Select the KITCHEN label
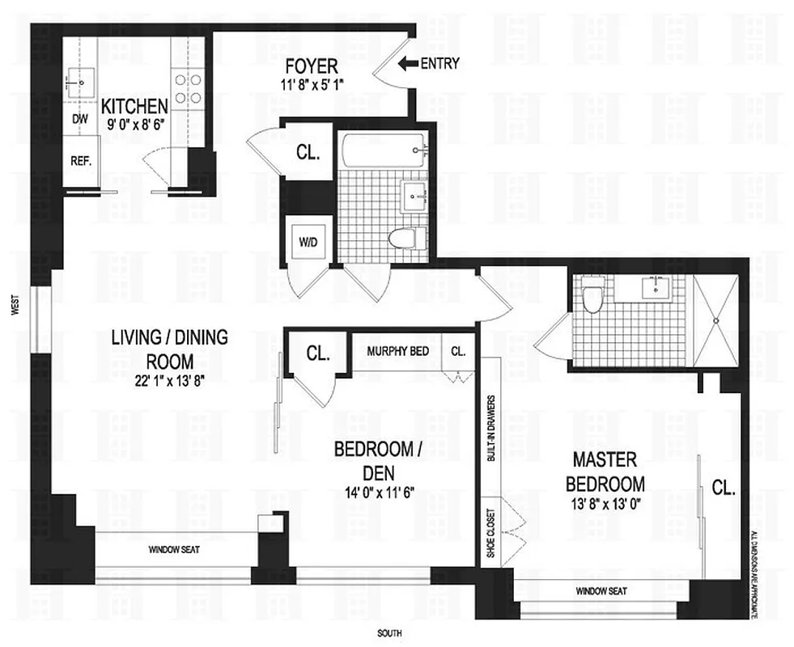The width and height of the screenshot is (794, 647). pos(134,106)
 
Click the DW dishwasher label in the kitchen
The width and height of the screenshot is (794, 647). pos(79,119)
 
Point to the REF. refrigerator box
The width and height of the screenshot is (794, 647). pos(80,160)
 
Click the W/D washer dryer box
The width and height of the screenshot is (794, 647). pos(308,241)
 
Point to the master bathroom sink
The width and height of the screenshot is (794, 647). pos(652,288)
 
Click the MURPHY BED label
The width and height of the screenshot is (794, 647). pos(397,352)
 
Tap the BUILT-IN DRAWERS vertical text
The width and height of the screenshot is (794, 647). pos(490,429)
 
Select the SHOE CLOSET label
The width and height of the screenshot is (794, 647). pos(489,533)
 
